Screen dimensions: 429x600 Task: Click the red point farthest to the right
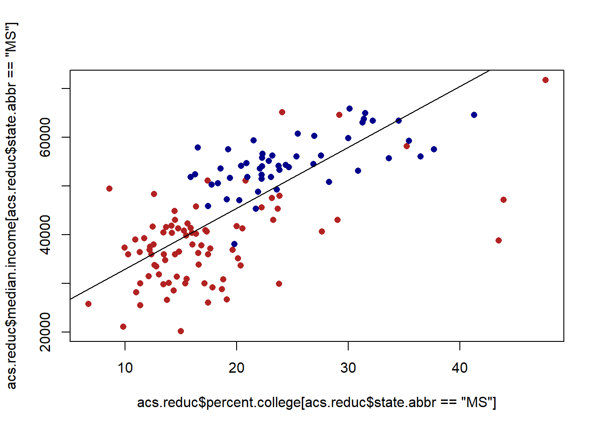[x=545, y=80]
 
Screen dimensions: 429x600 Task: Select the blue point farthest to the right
[x=474, y=115]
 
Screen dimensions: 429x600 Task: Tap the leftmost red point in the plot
[x=88, y=304]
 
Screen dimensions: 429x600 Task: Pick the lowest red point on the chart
[x=181, y=331]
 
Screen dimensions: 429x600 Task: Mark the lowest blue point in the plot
[x=234, y=244]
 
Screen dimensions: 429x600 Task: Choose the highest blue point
[x=350, y=109]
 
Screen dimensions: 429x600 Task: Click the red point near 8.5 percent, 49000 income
[x=109, y=189]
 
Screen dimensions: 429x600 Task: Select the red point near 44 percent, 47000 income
[x=504, y=200]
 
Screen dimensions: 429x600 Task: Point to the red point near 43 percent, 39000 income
[x=499, y=240]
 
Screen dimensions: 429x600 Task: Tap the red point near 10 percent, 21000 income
[x=123, y=327]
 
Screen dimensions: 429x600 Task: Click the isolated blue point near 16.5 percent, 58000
[x=198, y=147]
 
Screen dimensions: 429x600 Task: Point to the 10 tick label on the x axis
[x=125, y=368]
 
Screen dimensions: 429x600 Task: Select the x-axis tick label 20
[x=237, y=368]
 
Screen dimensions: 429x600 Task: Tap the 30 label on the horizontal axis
[x=348, y=368]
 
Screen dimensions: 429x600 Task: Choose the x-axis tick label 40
[x=460, y=368]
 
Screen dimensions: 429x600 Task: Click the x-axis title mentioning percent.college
[x=317, y=403]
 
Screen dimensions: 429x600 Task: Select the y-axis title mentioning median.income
[x=12, y=206]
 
